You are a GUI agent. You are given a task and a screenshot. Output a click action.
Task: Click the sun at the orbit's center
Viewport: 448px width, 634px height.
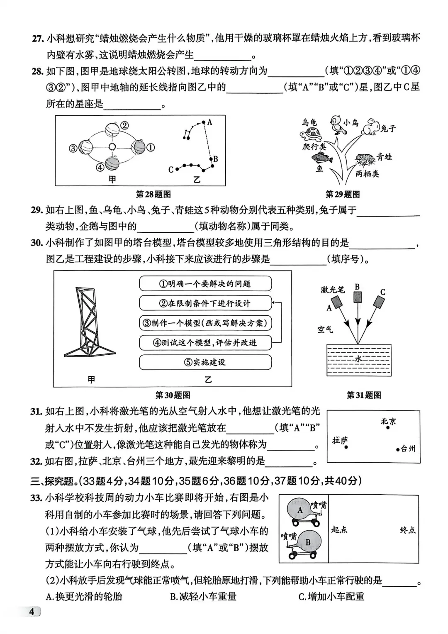pyautogui.click(x=112, y=147)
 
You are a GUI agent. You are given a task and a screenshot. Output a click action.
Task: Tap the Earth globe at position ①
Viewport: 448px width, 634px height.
pyautogui.click(x=138, y=147)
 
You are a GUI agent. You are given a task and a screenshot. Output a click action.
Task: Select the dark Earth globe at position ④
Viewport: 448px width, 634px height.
pyautogui.click(x=112, y=163)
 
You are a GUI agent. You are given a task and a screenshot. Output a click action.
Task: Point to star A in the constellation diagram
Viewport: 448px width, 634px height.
pyautogui.click(x=204, y=122)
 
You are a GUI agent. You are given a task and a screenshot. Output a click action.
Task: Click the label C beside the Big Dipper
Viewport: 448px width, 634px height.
pyautogui.click(x=171, y=170)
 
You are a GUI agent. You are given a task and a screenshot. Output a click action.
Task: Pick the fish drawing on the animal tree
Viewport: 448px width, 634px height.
pyautogui.click(x=320, y=157)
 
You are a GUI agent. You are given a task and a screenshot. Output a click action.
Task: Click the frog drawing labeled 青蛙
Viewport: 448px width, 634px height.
pyautogui.click(x=365, y=158)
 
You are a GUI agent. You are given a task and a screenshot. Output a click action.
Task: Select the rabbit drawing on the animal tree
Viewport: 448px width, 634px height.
pyautogui.click(x=370, y=127)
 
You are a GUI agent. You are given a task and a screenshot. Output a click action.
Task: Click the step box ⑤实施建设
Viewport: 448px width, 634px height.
pyautogui.click(x=205, y=362)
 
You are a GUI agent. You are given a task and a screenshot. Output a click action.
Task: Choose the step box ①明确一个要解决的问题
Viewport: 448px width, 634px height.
pyautogui.click(x=205, y=284)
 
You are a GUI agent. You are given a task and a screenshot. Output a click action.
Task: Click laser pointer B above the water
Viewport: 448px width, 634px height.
pyautogui.click(x=357, y=297)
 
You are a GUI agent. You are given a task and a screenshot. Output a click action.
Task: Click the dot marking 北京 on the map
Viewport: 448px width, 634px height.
pyautogui.click(x=388, y=427)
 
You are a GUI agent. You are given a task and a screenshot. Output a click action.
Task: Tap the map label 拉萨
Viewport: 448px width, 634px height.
pyautogui.click(x=339, y=440)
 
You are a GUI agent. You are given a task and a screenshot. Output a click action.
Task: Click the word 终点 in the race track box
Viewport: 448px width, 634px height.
pyautogui.click(x=408, y=530)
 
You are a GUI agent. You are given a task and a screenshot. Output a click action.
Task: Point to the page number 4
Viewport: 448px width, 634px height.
pyautogui.click(x=32, y=612)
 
